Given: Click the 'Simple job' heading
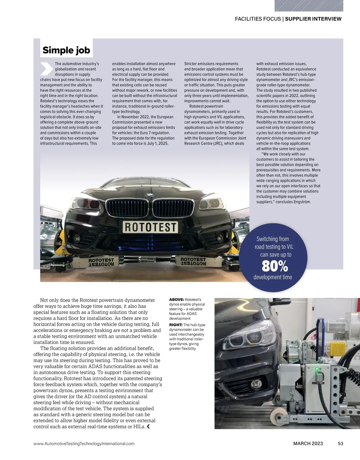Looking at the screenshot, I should [66, 50].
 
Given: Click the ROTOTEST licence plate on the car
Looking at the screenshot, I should [150, 227].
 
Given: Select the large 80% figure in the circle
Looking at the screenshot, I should [274, 266].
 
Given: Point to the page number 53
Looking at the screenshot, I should [340, 444].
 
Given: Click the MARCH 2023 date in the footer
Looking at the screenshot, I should [308, 444].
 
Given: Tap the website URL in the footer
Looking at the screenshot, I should [84, 444].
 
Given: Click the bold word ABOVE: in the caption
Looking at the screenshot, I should [177, 299].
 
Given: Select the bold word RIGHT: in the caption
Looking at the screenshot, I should [176, 325].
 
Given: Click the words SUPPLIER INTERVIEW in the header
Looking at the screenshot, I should [313, 19].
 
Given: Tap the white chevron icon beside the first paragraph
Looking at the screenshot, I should [46, 69].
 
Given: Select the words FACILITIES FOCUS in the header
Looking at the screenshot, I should [258, 19].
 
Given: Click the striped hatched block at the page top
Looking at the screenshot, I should [309, 6].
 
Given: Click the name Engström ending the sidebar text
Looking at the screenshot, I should [301, 202].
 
